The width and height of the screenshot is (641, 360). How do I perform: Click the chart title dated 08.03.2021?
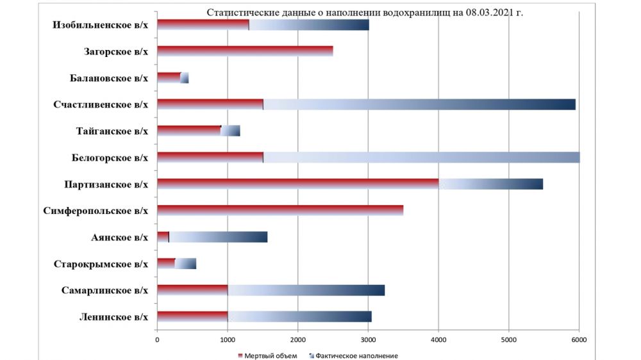(365, 13)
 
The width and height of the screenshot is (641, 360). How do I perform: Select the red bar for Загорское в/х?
(245, 51)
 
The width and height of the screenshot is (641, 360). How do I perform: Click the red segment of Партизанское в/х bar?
(297, 184)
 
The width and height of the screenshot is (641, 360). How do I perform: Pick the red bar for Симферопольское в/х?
(280, 210)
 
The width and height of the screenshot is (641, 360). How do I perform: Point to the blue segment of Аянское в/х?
(218, 237)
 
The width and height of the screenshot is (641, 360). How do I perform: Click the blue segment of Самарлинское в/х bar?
(306, 290)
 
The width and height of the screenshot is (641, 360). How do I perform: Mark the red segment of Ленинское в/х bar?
(192, 316)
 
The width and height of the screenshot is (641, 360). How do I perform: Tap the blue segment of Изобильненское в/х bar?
(309, 25)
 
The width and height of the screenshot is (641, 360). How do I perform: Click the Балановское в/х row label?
(109, 78)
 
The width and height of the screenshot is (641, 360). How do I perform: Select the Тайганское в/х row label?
(112, 131)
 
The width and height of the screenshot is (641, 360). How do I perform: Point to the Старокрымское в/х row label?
(101, 264)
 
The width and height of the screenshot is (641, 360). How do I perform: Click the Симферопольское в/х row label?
(96, 211)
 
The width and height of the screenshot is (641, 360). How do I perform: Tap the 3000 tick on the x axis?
(368, 340)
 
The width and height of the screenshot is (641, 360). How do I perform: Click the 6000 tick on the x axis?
(579, 340)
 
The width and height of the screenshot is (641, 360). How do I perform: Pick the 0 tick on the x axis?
(157, 340)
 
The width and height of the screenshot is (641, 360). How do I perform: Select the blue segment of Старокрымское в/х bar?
(186, 263)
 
